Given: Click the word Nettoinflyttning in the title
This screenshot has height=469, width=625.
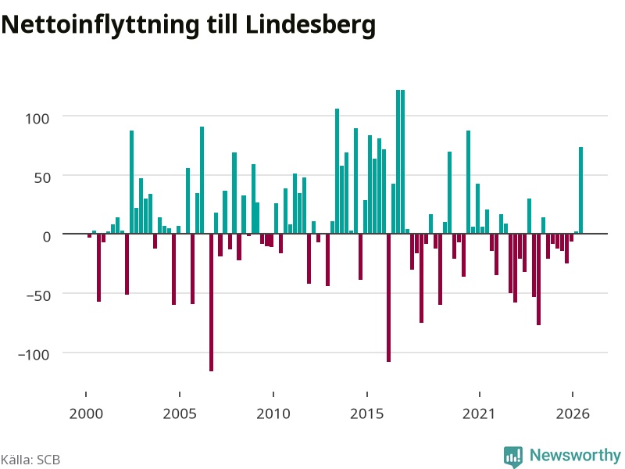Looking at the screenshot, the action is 101,25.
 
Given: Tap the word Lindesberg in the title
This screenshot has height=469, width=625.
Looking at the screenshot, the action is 310,25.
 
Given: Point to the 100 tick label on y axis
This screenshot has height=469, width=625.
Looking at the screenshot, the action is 37,119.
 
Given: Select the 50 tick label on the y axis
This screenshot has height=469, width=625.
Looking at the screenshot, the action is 42,177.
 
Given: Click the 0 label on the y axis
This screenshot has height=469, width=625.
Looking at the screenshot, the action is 47,237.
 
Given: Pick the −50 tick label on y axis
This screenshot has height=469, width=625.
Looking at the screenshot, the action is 38,296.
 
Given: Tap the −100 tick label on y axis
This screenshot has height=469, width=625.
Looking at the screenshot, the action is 34,355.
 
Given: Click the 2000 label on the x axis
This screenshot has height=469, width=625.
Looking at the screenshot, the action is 86,414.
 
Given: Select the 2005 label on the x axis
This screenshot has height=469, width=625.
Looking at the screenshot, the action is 180,414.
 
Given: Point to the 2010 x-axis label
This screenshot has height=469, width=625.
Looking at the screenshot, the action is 273,414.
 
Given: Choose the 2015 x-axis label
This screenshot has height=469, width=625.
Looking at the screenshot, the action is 367,414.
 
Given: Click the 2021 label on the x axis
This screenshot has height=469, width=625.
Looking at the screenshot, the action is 479,414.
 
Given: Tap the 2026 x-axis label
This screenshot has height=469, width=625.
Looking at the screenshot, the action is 573,414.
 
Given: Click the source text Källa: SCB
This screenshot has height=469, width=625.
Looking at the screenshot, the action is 30,460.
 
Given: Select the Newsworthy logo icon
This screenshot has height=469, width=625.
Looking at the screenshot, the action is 513,456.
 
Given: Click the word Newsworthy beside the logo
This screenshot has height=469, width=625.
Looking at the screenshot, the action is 575,455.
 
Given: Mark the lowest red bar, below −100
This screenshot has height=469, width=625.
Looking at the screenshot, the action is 211,303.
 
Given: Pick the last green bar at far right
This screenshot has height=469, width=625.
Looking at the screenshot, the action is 580,190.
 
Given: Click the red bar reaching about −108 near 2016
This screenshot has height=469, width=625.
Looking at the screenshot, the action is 388,298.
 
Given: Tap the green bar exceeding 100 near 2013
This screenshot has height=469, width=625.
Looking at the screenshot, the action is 337,171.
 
